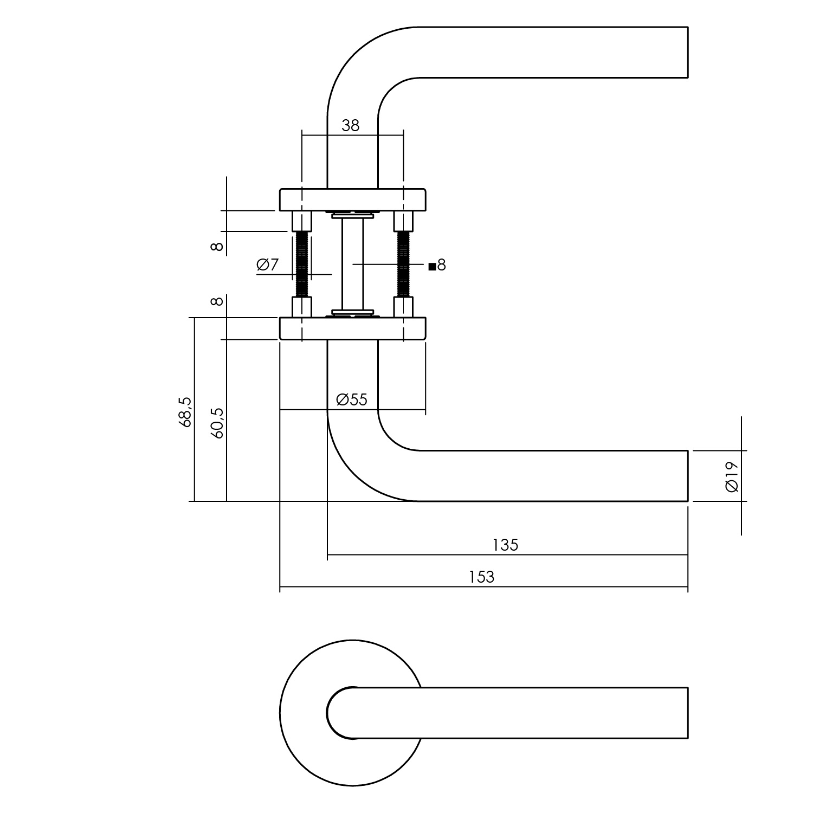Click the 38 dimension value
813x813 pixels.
point(351,126)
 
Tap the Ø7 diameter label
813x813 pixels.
point(267,265)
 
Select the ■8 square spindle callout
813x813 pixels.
point(437,266)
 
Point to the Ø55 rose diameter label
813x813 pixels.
point(352,400)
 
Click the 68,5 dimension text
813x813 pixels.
point(185,412)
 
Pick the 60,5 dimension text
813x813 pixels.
point(217,422)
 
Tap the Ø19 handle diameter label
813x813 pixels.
point(731,477)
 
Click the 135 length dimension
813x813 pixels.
point(505,545)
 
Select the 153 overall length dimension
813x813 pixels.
point(482,577)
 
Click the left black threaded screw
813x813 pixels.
point(302,264)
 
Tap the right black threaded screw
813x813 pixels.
point(403,264)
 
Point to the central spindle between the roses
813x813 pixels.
point(352,264)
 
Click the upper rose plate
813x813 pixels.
point(352,199)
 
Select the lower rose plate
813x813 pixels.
point(352,328)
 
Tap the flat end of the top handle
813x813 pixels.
point(687,52)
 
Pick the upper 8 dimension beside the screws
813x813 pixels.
point(217,247)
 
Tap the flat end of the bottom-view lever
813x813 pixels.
point(687,713)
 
